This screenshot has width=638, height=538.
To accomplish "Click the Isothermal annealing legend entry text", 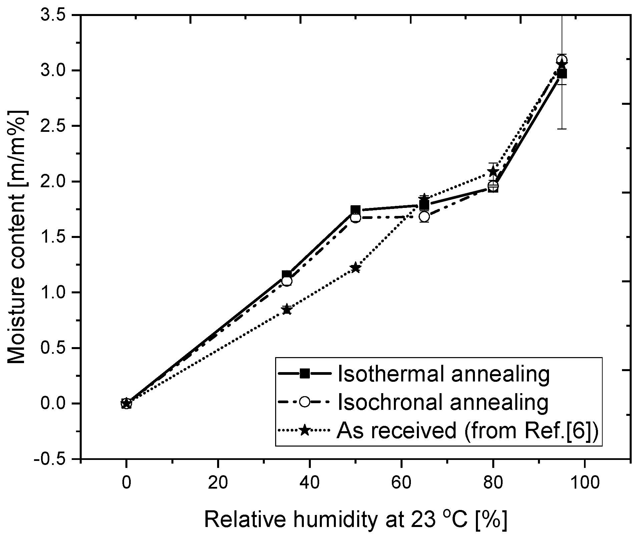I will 444,374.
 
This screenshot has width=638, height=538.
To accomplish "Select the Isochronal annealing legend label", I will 443,402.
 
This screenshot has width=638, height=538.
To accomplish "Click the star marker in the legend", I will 304,431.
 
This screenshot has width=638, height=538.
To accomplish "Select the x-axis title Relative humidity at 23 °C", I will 356,519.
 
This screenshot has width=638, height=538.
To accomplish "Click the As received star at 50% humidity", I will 356,268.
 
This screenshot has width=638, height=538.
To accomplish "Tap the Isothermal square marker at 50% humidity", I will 356,210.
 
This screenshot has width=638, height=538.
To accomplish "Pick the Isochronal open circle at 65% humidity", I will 424,217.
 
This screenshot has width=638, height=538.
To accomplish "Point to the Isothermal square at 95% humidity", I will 562,74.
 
